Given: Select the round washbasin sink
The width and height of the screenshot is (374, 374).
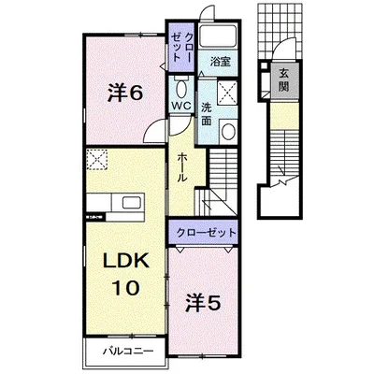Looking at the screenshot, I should click(x=226, y=131).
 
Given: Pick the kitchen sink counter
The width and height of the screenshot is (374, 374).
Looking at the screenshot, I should click(x=118, y=202).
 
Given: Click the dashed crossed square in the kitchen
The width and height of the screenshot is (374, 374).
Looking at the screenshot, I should click(x=97, y=160).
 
